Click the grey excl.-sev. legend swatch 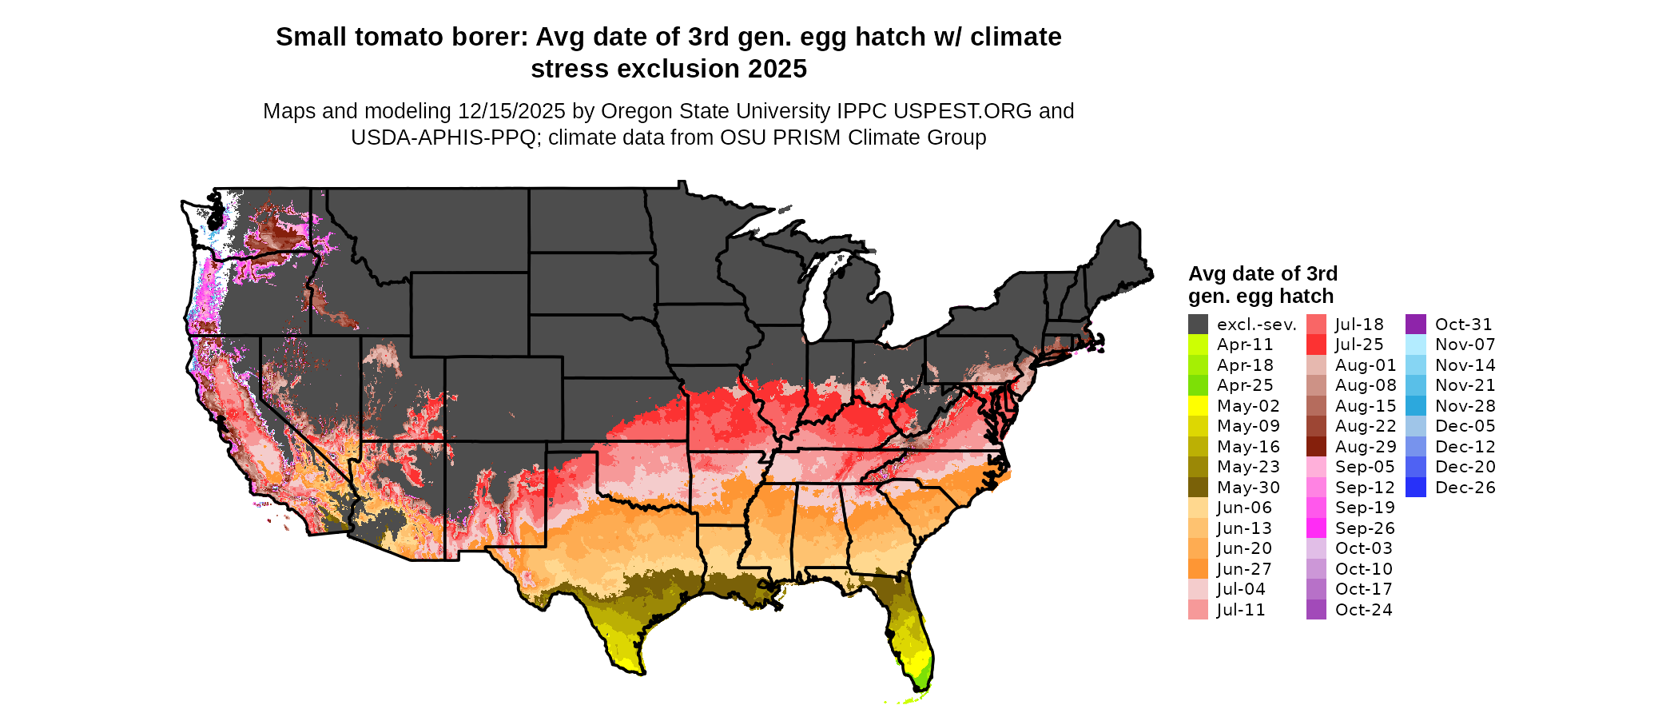(x=1198, y=325)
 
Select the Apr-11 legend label (x=1245, y=345)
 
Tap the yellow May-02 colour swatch (x=1198, y=406)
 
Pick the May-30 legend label (x=1248, y=488)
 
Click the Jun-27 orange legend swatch (x=1198, y=569)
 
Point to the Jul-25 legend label (x=1359, y=345)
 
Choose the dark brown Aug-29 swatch (x=1316, y=447)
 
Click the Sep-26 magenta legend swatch (x=1316, y=528)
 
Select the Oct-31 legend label (x=1463, y=325)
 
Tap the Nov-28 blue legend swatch (x=1415, y=406)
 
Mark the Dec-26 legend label (x=1465, y=488)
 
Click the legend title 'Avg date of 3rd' (x=1262, y=274)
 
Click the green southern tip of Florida (x=921, y=681)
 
